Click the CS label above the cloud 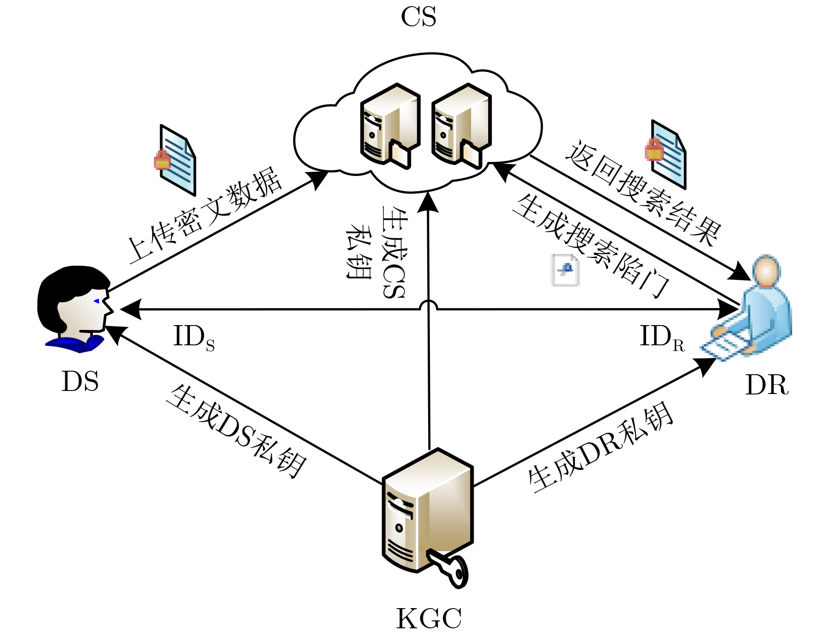(418, 18)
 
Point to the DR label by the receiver (767, 385)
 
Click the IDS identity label (193, 337)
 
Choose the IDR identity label (661, 337)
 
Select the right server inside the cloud (461, 125)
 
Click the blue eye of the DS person (96, 301)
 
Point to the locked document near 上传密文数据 (175, 160)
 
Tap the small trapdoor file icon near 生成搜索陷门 (565, 270)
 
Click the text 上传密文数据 (204, 215)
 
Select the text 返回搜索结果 (643, 193)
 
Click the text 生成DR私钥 (601, 448)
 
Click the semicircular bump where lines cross (429, 305)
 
